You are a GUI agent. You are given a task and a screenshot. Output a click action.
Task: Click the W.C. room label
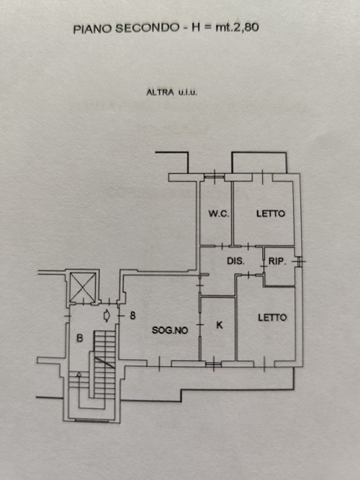(219, 213)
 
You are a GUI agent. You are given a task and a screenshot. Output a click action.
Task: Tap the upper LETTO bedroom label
(271, 213)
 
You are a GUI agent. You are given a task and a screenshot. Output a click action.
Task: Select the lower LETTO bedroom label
(272, 317)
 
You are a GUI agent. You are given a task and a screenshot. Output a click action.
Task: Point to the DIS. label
(235, 261)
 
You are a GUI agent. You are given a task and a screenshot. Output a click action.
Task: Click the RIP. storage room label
(277, 262)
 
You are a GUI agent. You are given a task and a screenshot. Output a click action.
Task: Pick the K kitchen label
(220, 325)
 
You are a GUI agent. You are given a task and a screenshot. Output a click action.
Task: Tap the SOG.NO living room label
(170, 330)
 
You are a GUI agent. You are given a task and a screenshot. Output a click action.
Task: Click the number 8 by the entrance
(132, 315)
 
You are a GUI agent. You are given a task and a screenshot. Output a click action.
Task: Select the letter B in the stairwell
(79, 338)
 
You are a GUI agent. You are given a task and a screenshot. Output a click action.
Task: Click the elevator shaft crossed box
(83, 285)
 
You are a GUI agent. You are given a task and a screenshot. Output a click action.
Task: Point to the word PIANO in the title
(92, 29)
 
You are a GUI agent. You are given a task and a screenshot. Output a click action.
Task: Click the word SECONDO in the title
(147, 28)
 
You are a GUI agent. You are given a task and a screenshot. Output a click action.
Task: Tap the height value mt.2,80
(237, 27)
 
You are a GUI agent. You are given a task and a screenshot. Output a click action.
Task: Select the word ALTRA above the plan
(161, 92)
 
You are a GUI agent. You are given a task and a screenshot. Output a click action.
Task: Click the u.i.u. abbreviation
(188, 92)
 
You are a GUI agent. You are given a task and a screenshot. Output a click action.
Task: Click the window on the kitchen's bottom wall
(213, 364)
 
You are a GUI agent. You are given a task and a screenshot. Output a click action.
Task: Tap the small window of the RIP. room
(300, 262)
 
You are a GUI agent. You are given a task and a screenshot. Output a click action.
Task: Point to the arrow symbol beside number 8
(107, 316)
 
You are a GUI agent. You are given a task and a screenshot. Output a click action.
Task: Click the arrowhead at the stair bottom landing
(79, 374)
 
